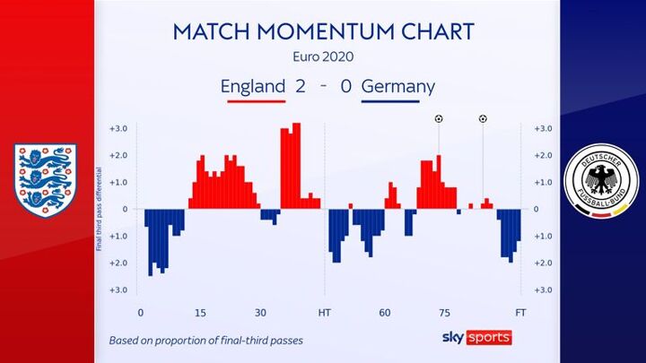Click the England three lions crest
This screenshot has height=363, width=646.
pyautogui.click(x=46, y=180)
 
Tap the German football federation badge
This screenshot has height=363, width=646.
pyautogui.click(x=601, y=180)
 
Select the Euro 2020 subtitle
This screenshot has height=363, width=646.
pyautogui.click(x=323, y=56)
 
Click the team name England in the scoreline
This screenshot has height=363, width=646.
pyautogui.click(x=253, y=86)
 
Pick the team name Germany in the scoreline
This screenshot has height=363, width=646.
pyautogui.click(x=398, y=87)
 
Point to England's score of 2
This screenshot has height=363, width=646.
pyautogui.click(x=300, y=86)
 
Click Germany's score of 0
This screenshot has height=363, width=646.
pyautogui.click(x=346, y=86)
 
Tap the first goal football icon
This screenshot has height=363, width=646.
pyautogui.click(x=439, y=119)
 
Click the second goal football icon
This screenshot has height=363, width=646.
pyautogui.click(x=483, y=119)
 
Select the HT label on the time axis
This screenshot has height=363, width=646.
pyautogui.click(x=324, y=313)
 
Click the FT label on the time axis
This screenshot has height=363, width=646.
pyautogui.click(x=520, y=313)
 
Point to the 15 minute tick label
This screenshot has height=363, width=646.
pyautogui.click(x=200, y=313)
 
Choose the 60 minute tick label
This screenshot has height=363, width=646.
pyautogui.click(x=384, y=313)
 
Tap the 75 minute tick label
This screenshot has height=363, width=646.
pyautogui.click(x=444, y=313)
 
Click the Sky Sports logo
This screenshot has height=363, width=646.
pyautogui.click(x=477, y=338)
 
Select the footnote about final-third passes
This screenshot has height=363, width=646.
pyautogui.click(x=206, y=341)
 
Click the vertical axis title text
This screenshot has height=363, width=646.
pyautogui.click(x=99, y=209)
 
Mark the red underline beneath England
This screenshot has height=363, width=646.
pyautogui.click(x=257, y=101)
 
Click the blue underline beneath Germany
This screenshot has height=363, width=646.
pyautogui.click(x=390, y=101)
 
